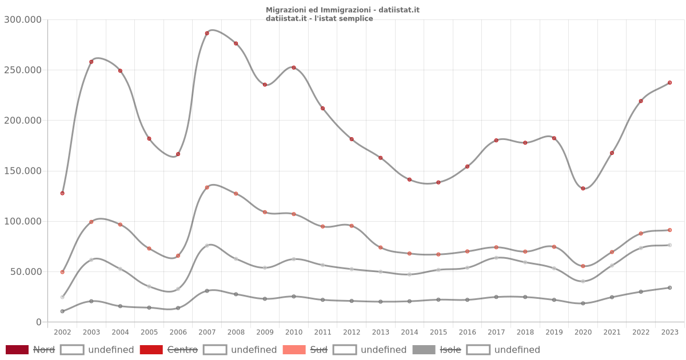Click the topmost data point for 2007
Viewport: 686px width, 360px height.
207,33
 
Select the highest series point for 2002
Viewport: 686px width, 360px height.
62,193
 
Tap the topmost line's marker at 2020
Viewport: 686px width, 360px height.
583,189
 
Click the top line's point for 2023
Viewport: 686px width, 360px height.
669,83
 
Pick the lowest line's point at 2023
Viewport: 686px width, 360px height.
669,288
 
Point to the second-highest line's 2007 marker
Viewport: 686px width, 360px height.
207,187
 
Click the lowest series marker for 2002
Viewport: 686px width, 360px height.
62,311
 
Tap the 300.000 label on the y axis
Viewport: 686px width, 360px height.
23,20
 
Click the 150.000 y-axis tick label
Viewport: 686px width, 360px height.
23,171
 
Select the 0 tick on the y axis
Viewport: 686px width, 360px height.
38,322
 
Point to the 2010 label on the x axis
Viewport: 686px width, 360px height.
294,332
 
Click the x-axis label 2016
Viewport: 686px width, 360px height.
467,332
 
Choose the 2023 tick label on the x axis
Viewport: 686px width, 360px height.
669,332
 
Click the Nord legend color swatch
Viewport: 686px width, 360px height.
17,350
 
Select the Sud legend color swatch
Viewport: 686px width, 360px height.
293,350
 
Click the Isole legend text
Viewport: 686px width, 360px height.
450,350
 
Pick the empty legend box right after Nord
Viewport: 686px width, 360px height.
72,350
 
